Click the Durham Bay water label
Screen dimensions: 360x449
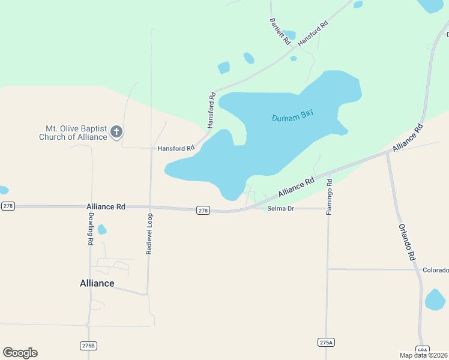pyautogui.click(x=292, y=115)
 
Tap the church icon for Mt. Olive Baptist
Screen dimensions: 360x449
pyautogui.click(x=116, y=132)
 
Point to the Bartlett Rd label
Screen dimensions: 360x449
pyautogui.click(x=280, y=32)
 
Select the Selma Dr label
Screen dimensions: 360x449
pyautogui.click(x=280, y=208)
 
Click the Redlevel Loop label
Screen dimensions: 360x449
pyautogui.click(x=149, y=233)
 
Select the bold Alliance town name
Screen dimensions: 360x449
pyautogui.click(x=97, y=283)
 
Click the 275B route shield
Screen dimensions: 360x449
pyautogui.click(x=88, y=346)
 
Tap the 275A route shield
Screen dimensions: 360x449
pyautogui.click(x=325, y=342)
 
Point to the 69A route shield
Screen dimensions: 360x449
pyautogui.click(x=422, y=350)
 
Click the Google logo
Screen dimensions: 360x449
pyautogui.click(x=20, y=353)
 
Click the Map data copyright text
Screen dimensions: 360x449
pyautogui.click(x=423, y=355)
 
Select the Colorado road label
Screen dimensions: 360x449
pyautogui.click(x=435, y=269)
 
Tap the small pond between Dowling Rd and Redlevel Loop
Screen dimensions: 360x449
pyautogui.click(x=102, y=229)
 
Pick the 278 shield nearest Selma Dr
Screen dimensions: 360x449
pyautogui.click(x=203, y=210)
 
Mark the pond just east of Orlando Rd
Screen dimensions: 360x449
pyautogui.click(x=435, y=300)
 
